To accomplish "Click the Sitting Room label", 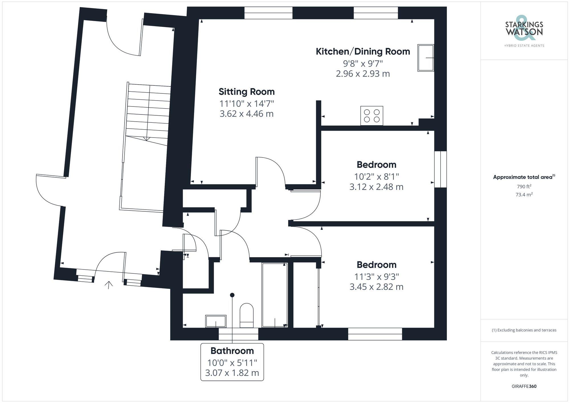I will [x=247, y=92].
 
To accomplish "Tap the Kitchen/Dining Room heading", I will [x=363, y=52].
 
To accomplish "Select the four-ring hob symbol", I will [x=372, y=116].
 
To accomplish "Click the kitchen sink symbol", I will [x=426, y=58].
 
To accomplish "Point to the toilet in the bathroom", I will [x=247, y=315].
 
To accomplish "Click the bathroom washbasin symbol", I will [x=216, y=321].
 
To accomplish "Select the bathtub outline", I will [x=275, y=295].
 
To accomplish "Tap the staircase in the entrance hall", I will [x=148, y=114].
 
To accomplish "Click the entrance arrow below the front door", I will [x=109, y=285].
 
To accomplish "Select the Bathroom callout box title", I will [x=232, y=351].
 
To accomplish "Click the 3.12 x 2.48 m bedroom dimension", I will [x=376, y=187].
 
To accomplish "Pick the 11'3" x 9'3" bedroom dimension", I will [x=376, y=277].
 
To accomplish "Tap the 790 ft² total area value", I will [x=524, y=187].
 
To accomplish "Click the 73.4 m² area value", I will [x=524, y=195].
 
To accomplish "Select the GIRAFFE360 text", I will [x=524, y=386].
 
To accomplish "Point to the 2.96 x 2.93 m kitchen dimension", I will [x=363, y=74].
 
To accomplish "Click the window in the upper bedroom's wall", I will [x=440, y=169].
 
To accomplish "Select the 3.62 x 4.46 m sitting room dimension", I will [x=247, y=114].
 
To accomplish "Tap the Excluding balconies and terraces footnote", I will [x=524, y=330].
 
